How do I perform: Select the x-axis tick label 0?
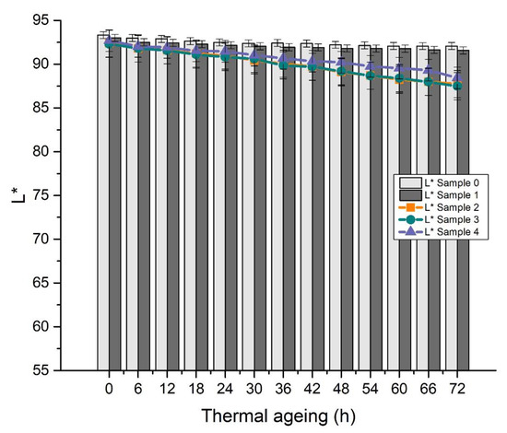click(x=110, y=386)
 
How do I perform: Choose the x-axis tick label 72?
click(x=457, y=386)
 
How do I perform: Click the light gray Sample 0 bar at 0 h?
click(x=104, y=203)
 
